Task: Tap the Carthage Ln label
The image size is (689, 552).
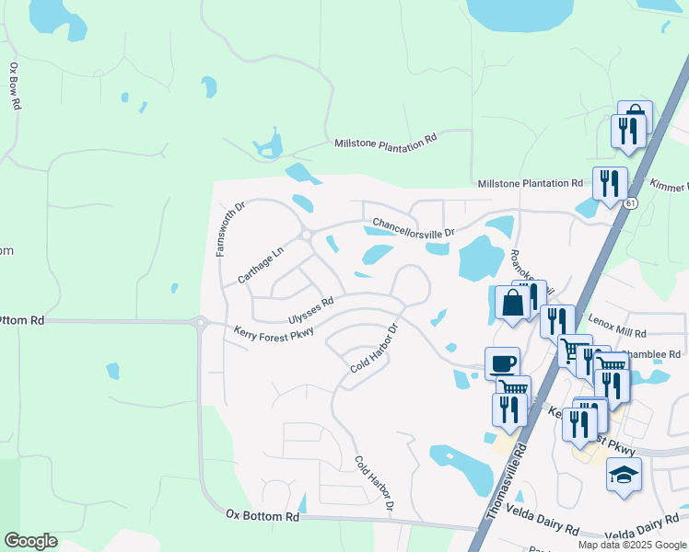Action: pyautogui.click(x=261, y=265)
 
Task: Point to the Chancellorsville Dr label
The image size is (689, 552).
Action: pyautogui.click(x=414, y=228)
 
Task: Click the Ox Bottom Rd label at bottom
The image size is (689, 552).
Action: pyautogui.click(x=263, y=516)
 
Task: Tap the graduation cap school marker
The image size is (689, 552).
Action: pyautogui.click(x=624, y=476)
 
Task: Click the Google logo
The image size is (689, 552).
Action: pyautogui.click(x=31, y=541)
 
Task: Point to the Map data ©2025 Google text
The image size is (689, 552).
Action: pyautogui.click(x=632, y=544)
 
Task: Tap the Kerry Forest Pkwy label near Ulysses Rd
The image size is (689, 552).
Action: pyautogui.click(x=274, y=331)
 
